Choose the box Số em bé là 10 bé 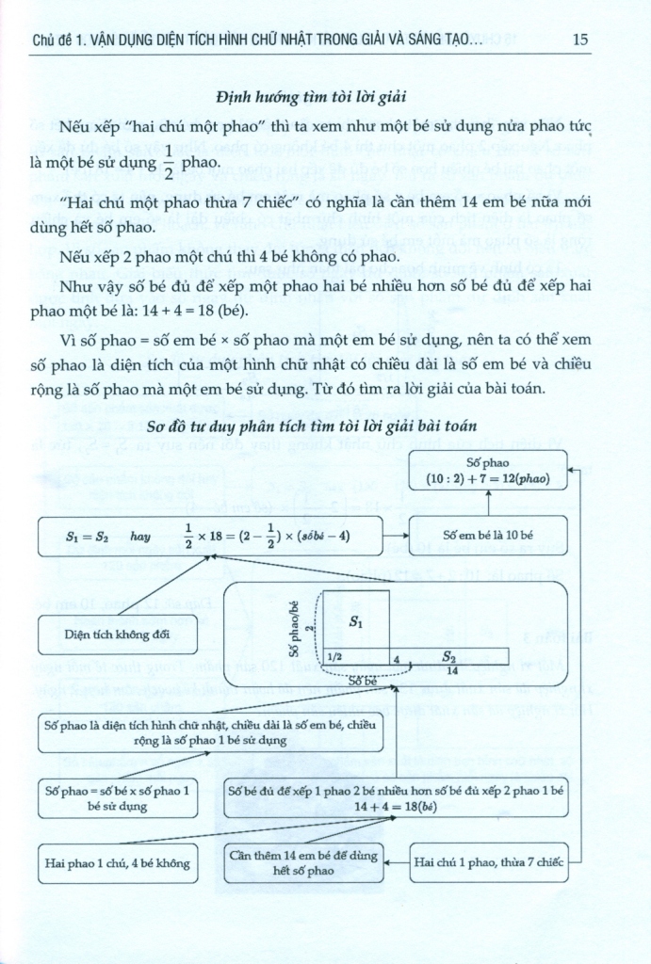(489, 535)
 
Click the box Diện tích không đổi (118, 633)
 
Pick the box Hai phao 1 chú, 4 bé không (118, 862)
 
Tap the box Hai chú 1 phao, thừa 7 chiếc (489, 862)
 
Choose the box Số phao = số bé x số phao (118, 797)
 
